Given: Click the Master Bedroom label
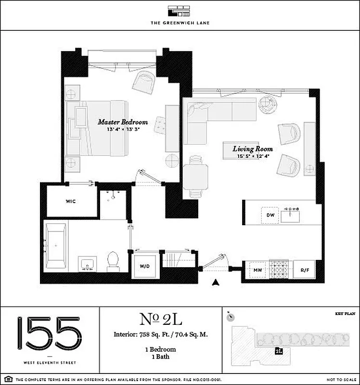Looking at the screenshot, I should pos(123,122).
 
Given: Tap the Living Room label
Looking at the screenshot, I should pos(252,149).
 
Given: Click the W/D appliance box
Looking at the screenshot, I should pos(145,266).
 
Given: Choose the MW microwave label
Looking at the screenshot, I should pos(257,270).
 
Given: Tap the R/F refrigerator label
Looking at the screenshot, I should pos(304,270).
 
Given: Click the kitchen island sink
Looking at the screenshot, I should pos(291,215).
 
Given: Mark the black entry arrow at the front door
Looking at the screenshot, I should pos(216,283).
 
